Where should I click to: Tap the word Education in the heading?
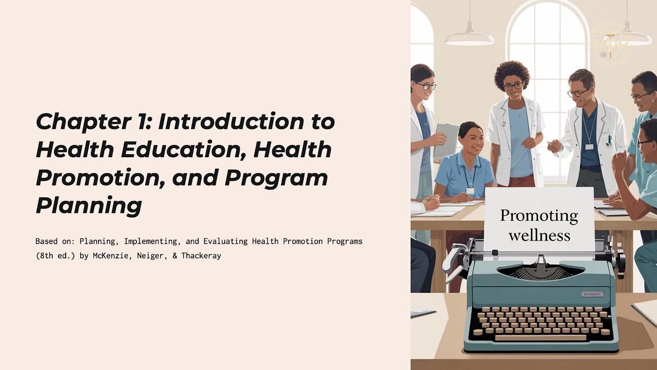point(182,150)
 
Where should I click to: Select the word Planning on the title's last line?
point(88,206)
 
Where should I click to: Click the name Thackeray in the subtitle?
point(201,255)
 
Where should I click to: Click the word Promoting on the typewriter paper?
point(539,215)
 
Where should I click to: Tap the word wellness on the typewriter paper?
point(539,235)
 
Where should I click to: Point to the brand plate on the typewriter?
point(592,294)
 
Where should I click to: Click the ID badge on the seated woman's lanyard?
point(470,190)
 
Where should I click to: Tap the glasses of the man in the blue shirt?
point(578,93)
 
